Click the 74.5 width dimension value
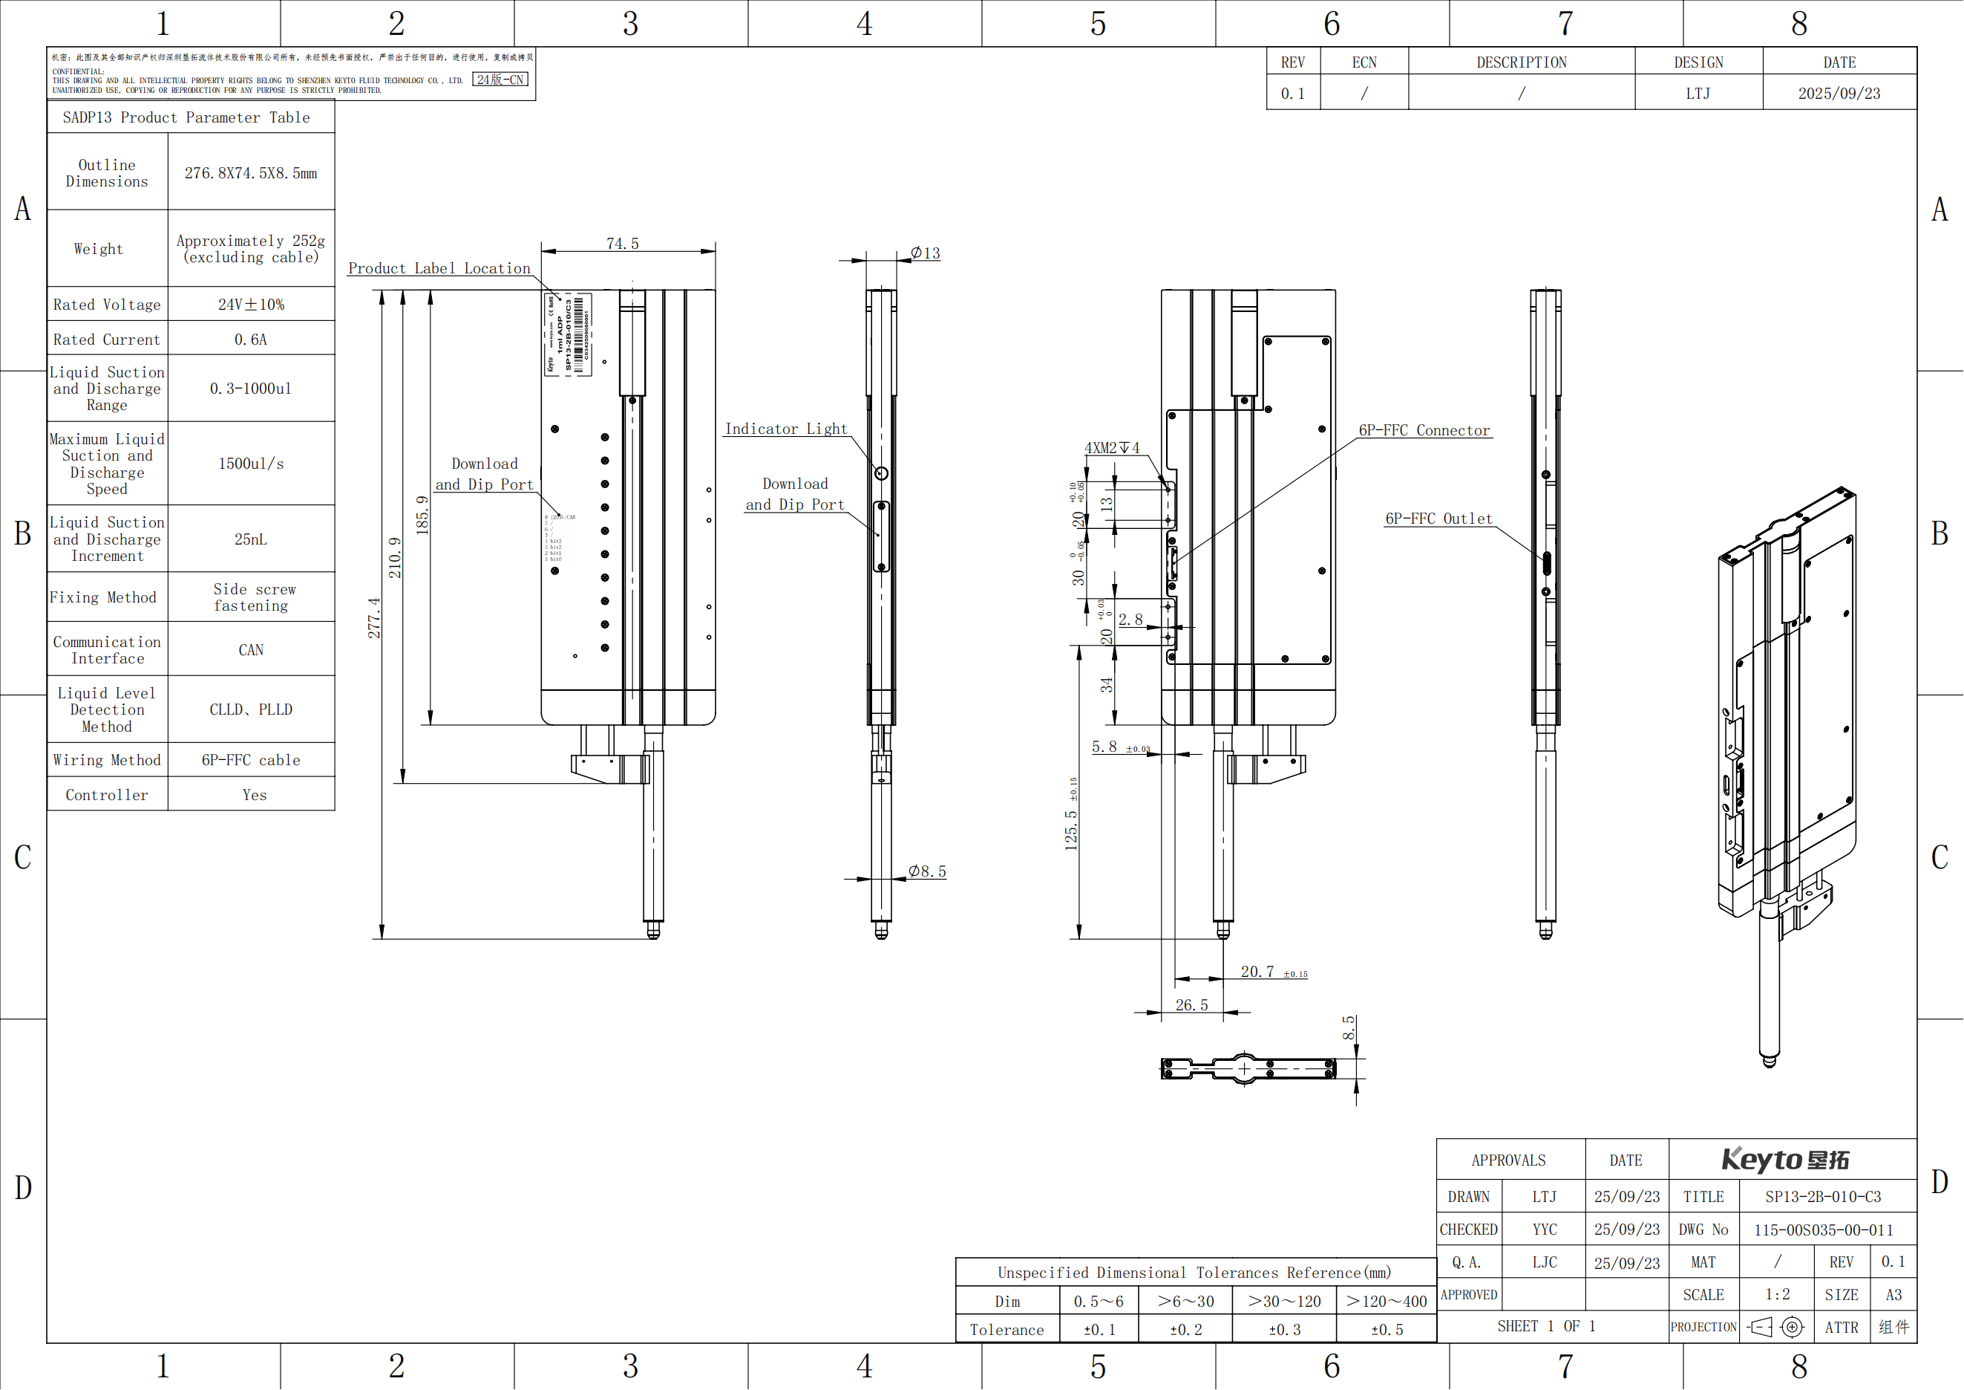[x=623, y=244]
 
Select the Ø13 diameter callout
[x=926, y=253]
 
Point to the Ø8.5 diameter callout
[x=927, y=871]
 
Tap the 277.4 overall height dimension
[x=375, y=618]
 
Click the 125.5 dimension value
[x=1071, y=829]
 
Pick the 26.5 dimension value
[x=1191, y=1005]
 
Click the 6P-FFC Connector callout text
[x=1424, y=431]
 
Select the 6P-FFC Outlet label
[x=1438, y=519]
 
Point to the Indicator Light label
[x=786, y=429]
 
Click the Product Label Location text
[x=439, y=269]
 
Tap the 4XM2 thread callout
[x=1111, y=448]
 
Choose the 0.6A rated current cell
[x=251, y=340]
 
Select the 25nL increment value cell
[x=251, y=539]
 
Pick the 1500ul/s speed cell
[x=251, y=464]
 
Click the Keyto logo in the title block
[x=1785, y=1160]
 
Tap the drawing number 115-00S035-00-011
[x=1823, y=1230]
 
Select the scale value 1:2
[x=1778, y=1295]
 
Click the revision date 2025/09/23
[x=1839, y=94]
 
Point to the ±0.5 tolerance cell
[x=1387, y=1330]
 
